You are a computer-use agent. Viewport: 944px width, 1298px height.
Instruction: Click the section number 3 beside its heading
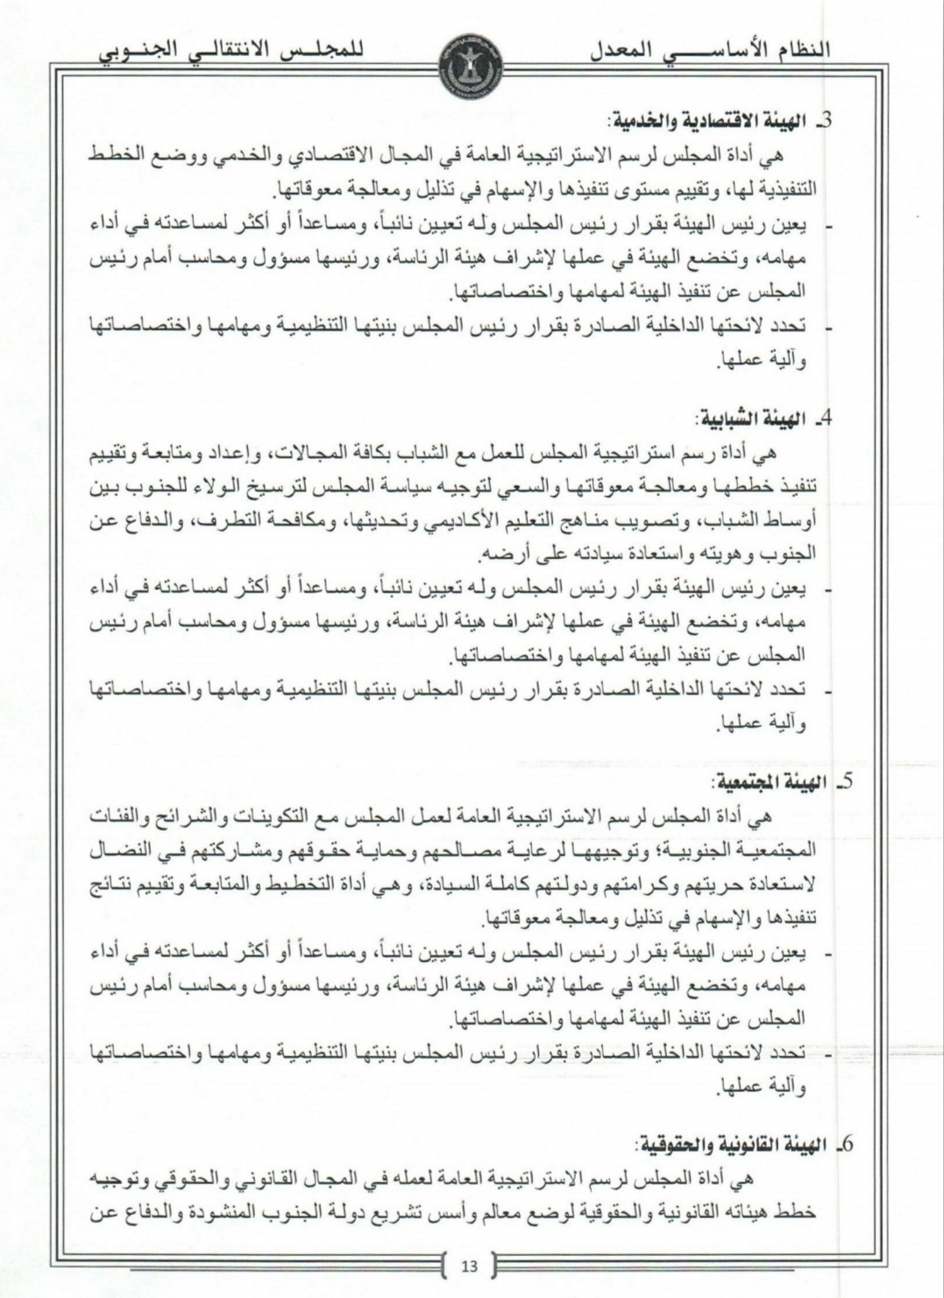pyautogui.click(x=824, y=120)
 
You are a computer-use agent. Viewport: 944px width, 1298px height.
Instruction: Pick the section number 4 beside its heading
pyautogui.click(x=823, y=418)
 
